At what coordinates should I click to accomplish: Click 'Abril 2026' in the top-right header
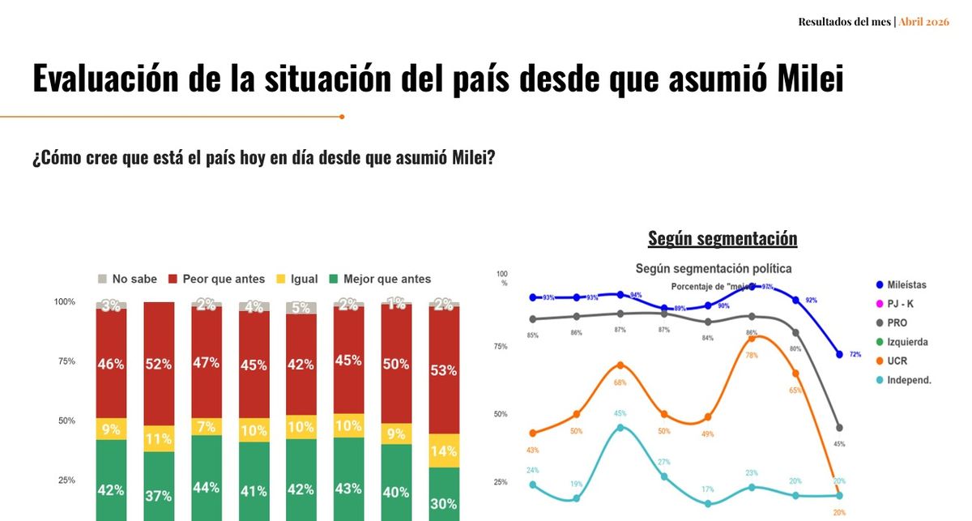923,22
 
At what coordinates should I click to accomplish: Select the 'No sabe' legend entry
127,279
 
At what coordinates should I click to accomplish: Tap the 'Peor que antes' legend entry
216,279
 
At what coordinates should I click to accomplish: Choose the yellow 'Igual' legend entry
296,279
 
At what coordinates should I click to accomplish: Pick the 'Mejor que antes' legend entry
379,279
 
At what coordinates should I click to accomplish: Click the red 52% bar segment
159,364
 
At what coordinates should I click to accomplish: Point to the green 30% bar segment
443,494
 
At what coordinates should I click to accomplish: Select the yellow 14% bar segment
443,451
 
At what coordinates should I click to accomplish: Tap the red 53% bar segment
443,369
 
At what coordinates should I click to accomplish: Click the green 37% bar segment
159,486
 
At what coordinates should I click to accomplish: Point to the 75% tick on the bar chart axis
65,361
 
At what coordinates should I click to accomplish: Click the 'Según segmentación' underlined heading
723,238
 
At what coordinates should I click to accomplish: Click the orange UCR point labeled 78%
752,338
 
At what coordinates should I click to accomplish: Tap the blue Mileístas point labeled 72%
838,355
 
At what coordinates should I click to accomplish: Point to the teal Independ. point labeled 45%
620,427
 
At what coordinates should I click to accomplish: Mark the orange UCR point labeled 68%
620,365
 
